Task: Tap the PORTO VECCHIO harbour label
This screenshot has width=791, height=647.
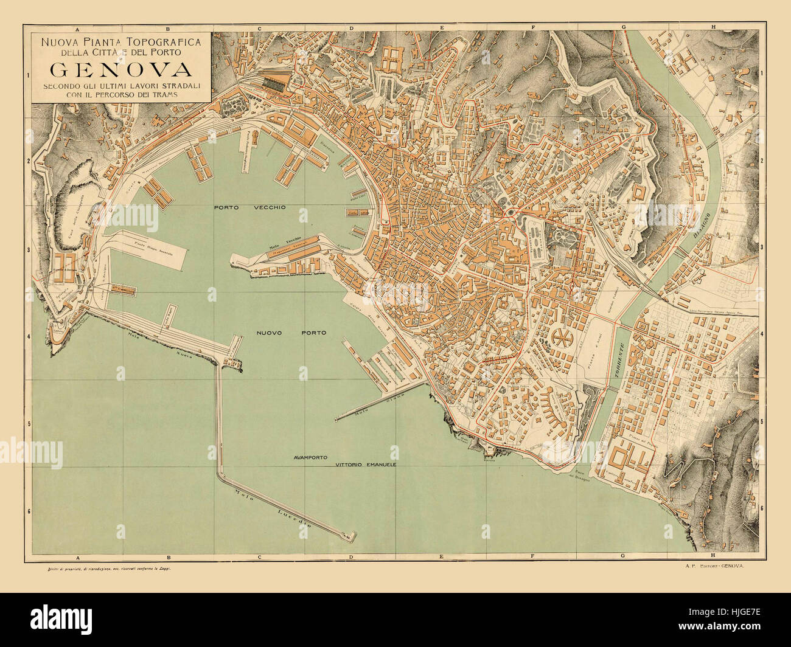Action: pyautogui.click(x=249, y=207)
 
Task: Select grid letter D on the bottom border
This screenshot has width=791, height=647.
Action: pyautogui.click(x=351, y=557)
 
